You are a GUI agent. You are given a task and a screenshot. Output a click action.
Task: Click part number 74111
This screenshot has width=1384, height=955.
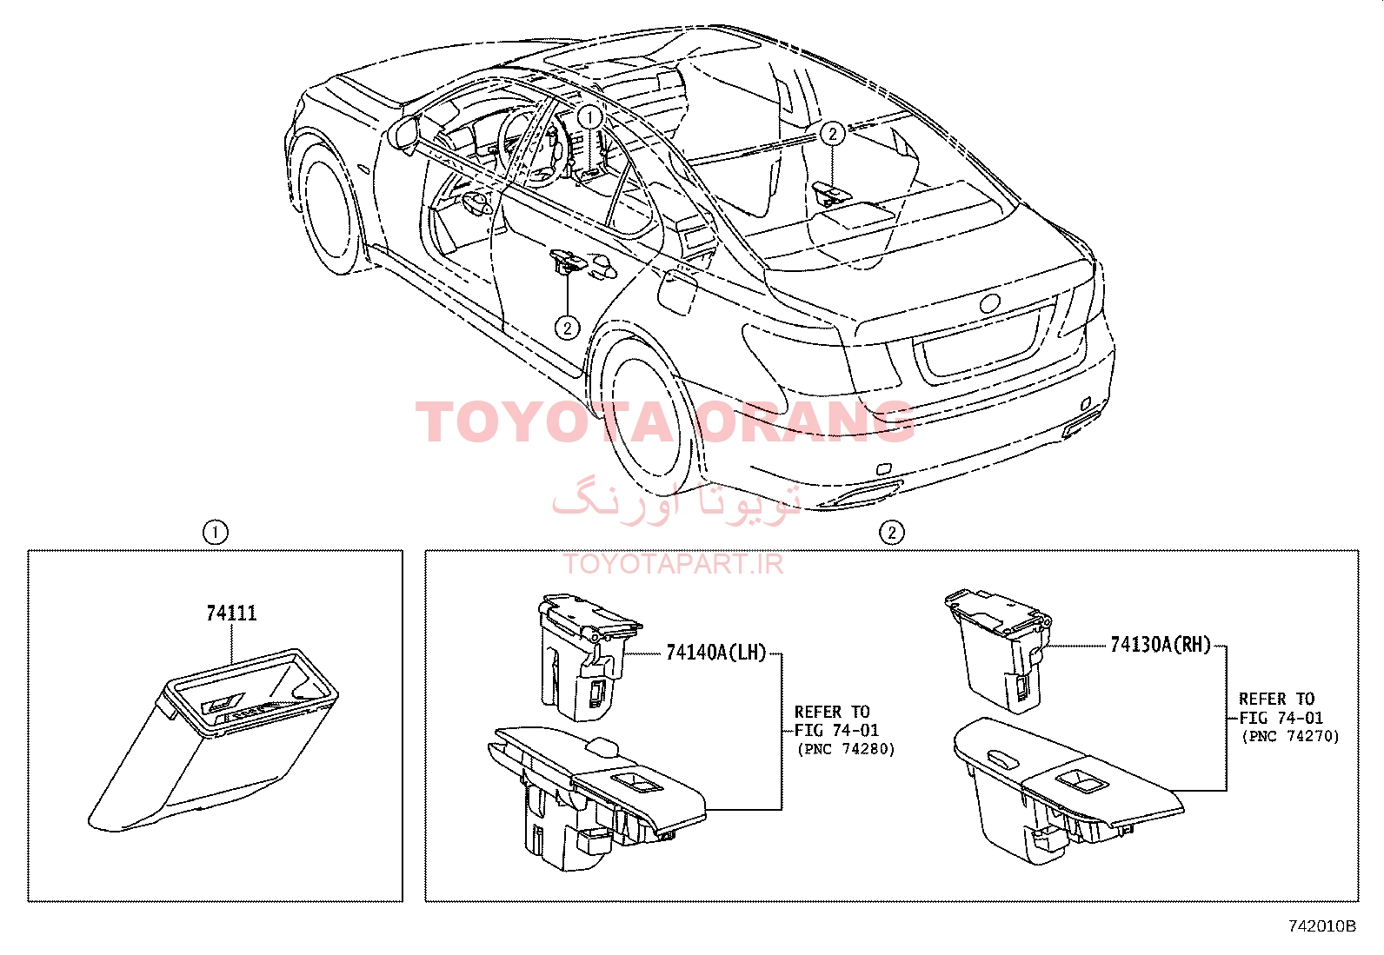[x=231, y=613]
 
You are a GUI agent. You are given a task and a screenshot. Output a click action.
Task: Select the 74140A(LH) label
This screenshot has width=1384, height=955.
[x=716, y=653]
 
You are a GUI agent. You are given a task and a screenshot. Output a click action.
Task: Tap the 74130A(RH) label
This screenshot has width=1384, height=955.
[x=1161, y=645]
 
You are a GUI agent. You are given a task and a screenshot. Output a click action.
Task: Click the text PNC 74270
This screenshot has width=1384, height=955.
[x=1291, y=736]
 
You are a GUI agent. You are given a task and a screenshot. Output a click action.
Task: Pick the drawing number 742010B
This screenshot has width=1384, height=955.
[x=1321, y=926]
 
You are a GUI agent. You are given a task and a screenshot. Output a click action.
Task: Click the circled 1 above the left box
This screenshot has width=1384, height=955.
[x=215, y=532]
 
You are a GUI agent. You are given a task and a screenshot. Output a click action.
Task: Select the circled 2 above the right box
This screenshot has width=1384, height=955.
[x=891, y=532]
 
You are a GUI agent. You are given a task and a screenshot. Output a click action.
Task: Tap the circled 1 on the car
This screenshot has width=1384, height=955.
[x=590, y=117]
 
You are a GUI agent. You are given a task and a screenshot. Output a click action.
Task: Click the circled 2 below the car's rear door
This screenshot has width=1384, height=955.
[x=567, y=328]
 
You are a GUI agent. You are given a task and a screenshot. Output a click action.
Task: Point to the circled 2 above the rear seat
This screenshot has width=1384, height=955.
[x=832, y=134]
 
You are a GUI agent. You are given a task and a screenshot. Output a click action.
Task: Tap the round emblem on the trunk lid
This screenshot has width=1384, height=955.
[x=989, y=303]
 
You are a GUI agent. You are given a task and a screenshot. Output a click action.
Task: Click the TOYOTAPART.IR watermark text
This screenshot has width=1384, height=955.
[x=674, y=564]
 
